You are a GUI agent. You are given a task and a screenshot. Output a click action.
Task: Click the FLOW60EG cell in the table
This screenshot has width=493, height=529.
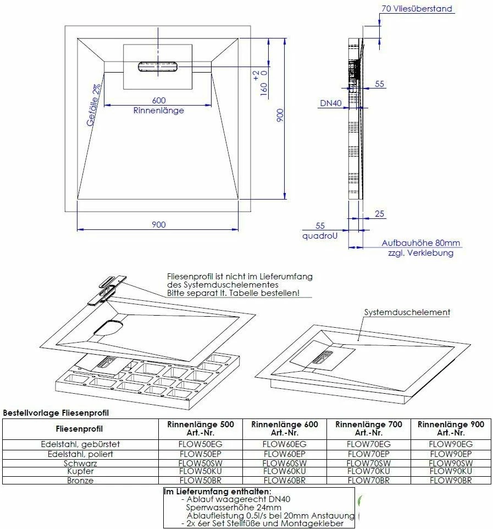click(285, 444)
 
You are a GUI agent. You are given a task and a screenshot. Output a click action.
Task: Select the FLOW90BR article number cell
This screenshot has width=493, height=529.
click(450, 481)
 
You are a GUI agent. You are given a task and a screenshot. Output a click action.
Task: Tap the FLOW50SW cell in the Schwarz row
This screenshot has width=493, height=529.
click(201, 463)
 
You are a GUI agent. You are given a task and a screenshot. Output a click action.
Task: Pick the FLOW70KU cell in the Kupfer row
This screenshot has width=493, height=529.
click(369, 472)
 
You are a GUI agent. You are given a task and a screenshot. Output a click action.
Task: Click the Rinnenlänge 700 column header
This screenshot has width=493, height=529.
click(369, 428)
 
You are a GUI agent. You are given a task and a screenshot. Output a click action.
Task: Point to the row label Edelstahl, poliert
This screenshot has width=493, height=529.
click(80, 454)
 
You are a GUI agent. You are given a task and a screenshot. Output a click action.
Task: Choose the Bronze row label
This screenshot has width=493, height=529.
click(80, 481)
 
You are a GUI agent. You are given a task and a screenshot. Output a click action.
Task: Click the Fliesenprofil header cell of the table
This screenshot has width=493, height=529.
click(80, 429)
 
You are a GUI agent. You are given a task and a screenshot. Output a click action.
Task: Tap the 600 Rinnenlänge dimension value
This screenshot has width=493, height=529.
click(159, 100)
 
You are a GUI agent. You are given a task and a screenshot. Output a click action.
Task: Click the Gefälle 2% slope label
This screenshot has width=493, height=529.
click(93, 106)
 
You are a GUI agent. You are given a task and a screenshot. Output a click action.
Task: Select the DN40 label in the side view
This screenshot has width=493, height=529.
click(331, 103)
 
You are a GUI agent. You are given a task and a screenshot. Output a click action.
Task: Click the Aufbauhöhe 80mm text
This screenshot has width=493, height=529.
click(421, 243)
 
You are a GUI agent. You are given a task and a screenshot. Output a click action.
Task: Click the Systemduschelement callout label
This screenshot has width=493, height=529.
click(407, 312)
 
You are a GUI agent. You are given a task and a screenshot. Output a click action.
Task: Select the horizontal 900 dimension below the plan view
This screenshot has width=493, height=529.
click(158, 224)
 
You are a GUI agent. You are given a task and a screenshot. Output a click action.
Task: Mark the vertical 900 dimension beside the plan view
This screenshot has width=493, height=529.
click(280, 115)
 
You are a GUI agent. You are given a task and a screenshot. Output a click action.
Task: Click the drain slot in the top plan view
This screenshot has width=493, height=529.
click(158, 66)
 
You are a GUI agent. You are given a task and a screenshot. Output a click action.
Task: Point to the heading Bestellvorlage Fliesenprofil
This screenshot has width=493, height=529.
click(56, 412)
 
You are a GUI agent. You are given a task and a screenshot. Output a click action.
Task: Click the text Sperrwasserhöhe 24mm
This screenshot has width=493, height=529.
click(234, 507)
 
